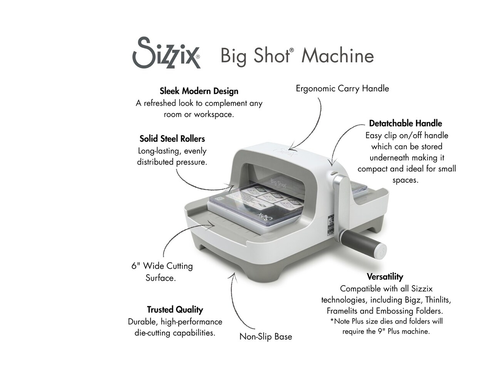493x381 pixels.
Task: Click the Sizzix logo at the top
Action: click(166, 53)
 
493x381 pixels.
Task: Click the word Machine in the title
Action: click(337, 56)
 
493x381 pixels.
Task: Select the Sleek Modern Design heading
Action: click(199, 91)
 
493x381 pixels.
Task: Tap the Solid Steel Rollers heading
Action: click(172, 139)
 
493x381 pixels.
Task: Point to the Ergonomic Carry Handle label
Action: click(342, 89)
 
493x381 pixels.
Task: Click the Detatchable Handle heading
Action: click(405, 124)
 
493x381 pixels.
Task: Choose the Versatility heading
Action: click(385, 277)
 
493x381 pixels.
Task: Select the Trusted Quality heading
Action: click(175, 310)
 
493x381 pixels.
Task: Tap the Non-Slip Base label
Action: click(265, 337)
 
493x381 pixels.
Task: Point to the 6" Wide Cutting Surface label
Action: click(162, 272)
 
